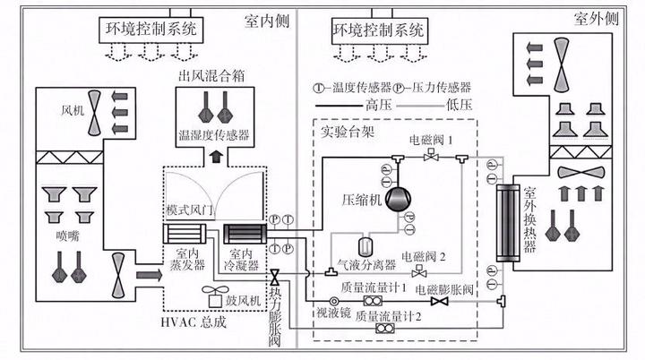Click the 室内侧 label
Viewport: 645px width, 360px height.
(x=265, y=19)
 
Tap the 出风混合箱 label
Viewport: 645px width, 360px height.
(x=213, y=72)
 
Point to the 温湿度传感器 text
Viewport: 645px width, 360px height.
(x=213, y=136)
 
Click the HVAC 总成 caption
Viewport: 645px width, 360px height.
(x=197, y=322)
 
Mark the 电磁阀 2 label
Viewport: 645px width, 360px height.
(x=425, y=257)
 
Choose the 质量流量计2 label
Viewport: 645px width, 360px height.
(x=387, y=315)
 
